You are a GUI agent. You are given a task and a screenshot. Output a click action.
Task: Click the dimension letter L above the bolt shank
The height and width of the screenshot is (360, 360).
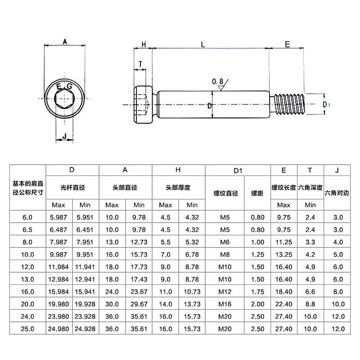click(203, 44)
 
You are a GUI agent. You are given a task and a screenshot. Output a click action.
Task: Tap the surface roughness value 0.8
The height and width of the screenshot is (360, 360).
click(218, 81)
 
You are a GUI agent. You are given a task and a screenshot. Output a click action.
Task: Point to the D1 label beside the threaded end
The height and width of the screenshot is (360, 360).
click(327, 104)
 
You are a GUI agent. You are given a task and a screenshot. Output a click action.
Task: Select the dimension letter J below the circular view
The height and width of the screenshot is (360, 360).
click(64, 135)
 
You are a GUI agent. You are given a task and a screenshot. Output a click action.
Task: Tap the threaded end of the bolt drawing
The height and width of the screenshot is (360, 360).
click(291, 104)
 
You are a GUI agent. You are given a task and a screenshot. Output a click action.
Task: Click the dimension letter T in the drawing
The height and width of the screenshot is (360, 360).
click(141, 64)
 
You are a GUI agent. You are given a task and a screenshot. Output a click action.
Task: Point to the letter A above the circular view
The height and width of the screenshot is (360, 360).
click(65, 42)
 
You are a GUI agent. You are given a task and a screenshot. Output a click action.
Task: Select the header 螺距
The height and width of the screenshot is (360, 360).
click(257, 193)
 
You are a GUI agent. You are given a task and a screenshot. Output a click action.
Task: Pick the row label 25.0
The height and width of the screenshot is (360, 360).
click(27, 329)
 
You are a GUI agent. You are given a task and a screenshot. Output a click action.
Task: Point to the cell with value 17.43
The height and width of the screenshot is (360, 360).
click(139, 279)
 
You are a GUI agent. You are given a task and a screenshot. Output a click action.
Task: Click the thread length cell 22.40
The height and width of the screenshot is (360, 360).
click(283, 304)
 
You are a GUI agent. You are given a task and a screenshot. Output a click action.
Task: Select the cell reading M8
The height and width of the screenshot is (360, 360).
click(225, 254)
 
